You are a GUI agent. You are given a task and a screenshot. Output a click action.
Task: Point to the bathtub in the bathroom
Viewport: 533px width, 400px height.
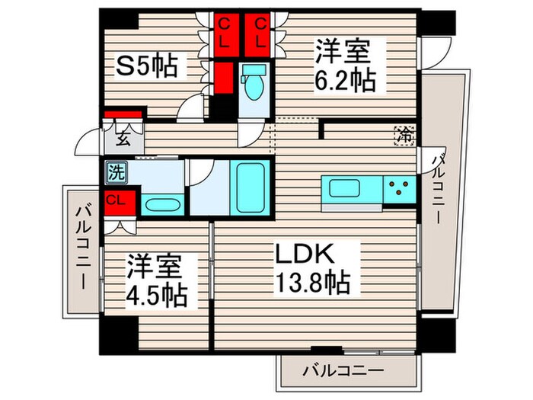pos(249,187)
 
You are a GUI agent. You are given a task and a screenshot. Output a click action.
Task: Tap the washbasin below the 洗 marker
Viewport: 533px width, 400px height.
pos(161,204)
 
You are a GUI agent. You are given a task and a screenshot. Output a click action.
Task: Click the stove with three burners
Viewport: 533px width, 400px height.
pos(399,186)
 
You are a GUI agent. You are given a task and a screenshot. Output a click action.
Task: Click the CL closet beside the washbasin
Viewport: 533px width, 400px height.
pos(116,201)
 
